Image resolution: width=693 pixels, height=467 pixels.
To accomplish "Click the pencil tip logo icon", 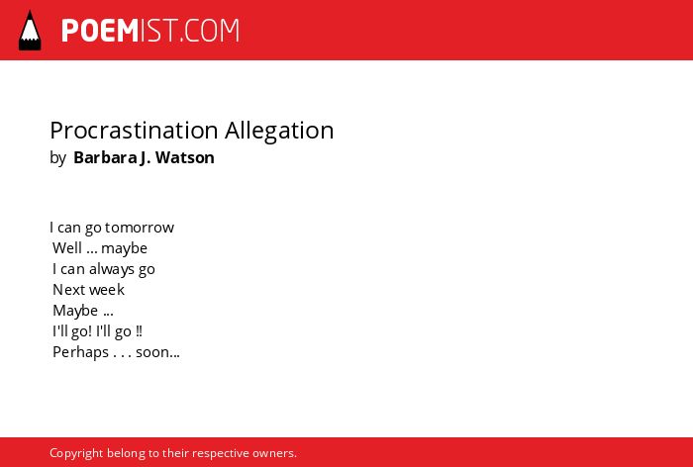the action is click(x=30, y=30).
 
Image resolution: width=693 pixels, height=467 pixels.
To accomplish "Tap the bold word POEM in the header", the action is click(x=100, y=31).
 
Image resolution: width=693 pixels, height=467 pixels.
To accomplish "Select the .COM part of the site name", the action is click(x=209, y=31).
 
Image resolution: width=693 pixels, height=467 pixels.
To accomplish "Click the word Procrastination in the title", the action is click(x=134, y=131).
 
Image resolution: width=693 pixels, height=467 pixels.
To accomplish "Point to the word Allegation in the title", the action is click(x=279, y=131).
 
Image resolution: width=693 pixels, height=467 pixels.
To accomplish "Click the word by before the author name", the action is click(x=57, y=158).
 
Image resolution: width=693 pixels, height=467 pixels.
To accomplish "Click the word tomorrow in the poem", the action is click(x=140, y=228).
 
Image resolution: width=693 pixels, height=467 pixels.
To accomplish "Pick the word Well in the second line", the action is click(x=67, y=248).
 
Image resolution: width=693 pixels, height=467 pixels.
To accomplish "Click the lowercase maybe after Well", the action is click(x=124, y=248).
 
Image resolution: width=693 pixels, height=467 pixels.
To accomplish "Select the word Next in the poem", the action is click(x=68, y=290).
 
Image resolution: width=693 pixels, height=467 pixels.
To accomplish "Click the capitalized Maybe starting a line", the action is click(x=75, y=311).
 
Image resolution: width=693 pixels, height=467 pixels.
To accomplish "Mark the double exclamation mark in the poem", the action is click(x=140, y=331).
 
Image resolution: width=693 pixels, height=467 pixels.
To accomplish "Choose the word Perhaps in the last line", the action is click(x=80, y=352).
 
